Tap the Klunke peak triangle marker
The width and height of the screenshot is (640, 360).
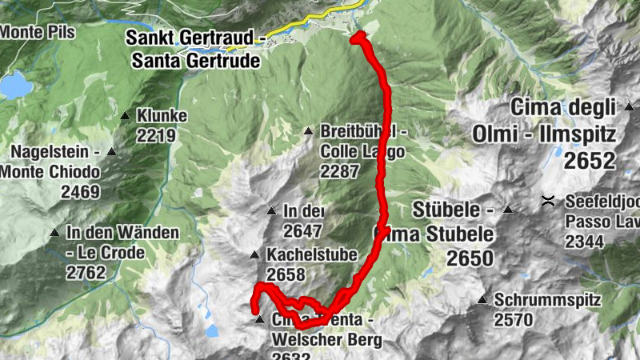pos(126,116)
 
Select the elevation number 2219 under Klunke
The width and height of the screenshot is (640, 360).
pos(156,135)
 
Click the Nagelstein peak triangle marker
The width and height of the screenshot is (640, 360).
pos(111,152)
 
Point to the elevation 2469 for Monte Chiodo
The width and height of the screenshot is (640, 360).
pos(80,192)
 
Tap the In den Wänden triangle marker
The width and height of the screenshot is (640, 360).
pos(54,233)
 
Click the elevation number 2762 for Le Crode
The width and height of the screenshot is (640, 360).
pos(86,273)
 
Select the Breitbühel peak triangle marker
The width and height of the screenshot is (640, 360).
pos(309,131)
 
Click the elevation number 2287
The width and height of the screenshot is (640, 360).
pos(339,171)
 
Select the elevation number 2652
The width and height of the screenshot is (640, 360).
pos(590,162)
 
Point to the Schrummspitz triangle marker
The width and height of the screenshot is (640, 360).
pos(482,301)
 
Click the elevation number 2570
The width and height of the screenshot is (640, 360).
pos(514,320)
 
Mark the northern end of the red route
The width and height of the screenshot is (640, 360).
pos(358,35)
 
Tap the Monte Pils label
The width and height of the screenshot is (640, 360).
pos(38,32)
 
